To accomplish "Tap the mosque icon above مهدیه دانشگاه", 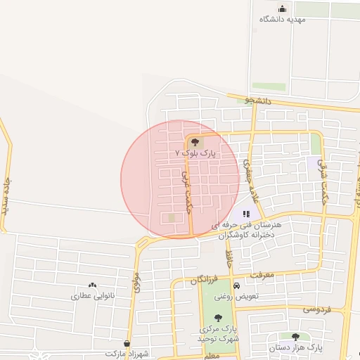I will [x=283, y=8].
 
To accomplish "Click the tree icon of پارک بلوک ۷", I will [x=195, y=142].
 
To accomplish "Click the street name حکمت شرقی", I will [x=323, y=176].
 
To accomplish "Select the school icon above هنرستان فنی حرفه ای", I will [x=245, y=214].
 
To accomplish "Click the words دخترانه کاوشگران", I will [x=245, y=236].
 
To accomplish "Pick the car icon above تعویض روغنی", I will [x=237, y=286].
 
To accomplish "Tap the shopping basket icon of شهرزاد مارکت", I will [x=127, y=344].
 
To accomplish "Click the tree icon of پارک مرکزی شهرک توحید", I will [x=218, y=318].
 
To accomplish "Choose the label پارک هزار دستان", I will [x=295, y=348].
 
